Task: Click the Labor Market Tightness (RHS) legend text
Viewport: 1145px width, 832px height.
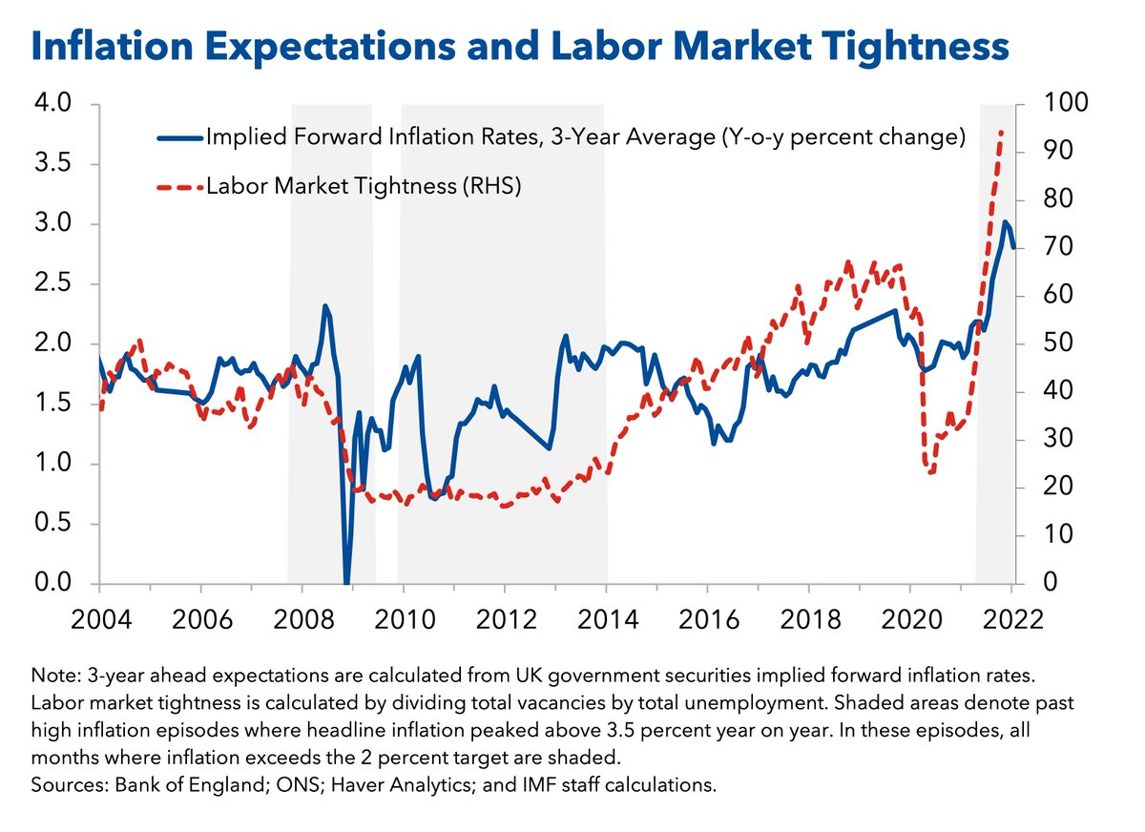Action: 363,187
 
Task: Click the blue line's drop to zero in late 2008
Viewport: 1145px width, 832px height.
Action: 346,581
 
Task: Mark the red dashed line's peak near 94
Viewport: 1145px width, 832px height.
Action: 1001,133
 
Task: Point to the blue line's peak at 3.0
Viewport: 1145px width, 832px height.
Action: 1005,222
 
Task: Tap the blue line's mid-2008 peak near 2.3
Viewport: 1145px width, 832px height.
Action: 325,306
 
